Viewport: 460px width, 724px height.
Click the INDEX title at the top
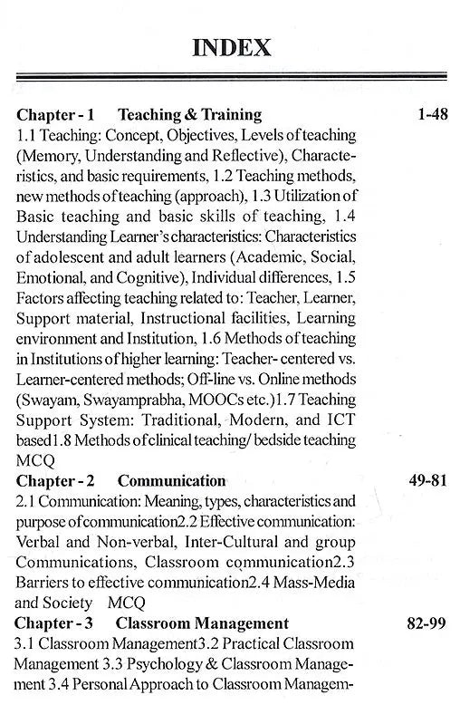[231, 46]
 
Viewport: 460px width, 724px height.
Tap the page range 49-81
[421, 480]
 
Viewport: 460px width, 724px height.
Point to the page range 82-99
[421, 623]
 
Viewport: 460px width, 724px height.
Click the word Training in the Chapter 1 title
[228, 115]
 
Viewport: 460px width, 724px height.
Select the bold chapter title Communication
[172, 480]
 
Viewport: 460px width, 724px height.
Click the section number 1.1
[27, 135]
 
